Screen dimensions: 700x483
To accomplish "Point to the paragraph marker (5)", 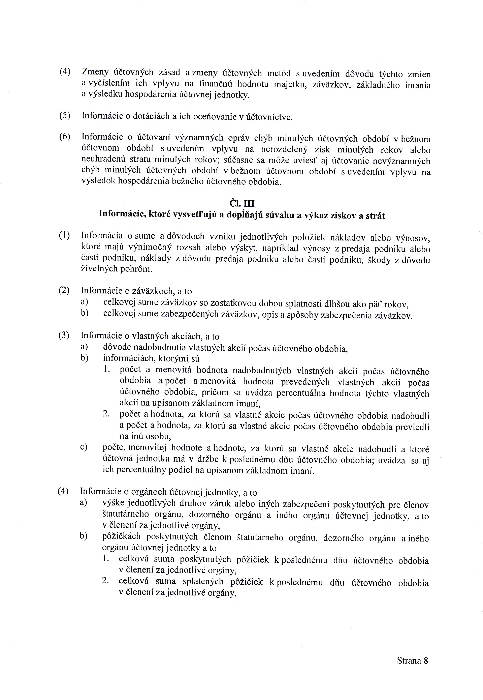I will tap(64, 115).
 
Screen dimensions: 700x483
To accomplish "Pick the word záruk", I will tap(223, 504).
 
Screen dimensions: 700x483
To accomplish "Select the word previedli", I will tap(414, 427).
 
